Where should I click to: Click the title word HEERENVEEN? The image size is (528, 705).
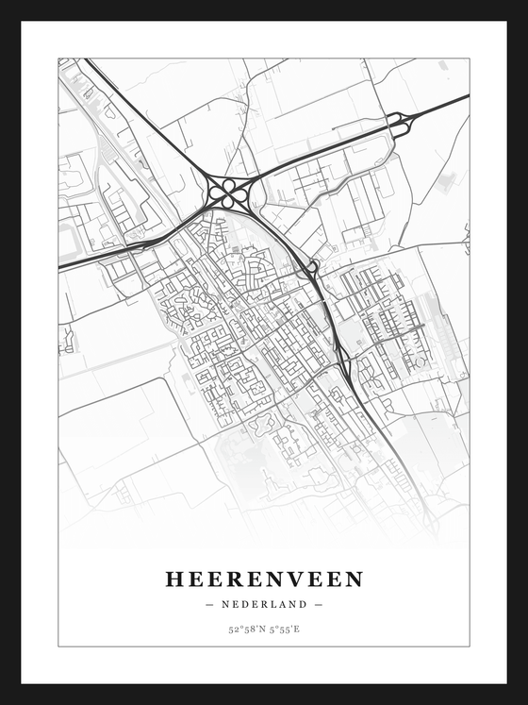point(264,579)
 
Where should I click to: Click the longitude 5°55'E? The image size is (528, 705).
point(284,629)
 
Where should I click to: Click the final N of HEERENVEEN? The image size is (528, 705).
point(354,579)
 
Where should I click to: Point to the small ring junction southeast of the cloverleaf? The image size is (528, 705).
point(311,268)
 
